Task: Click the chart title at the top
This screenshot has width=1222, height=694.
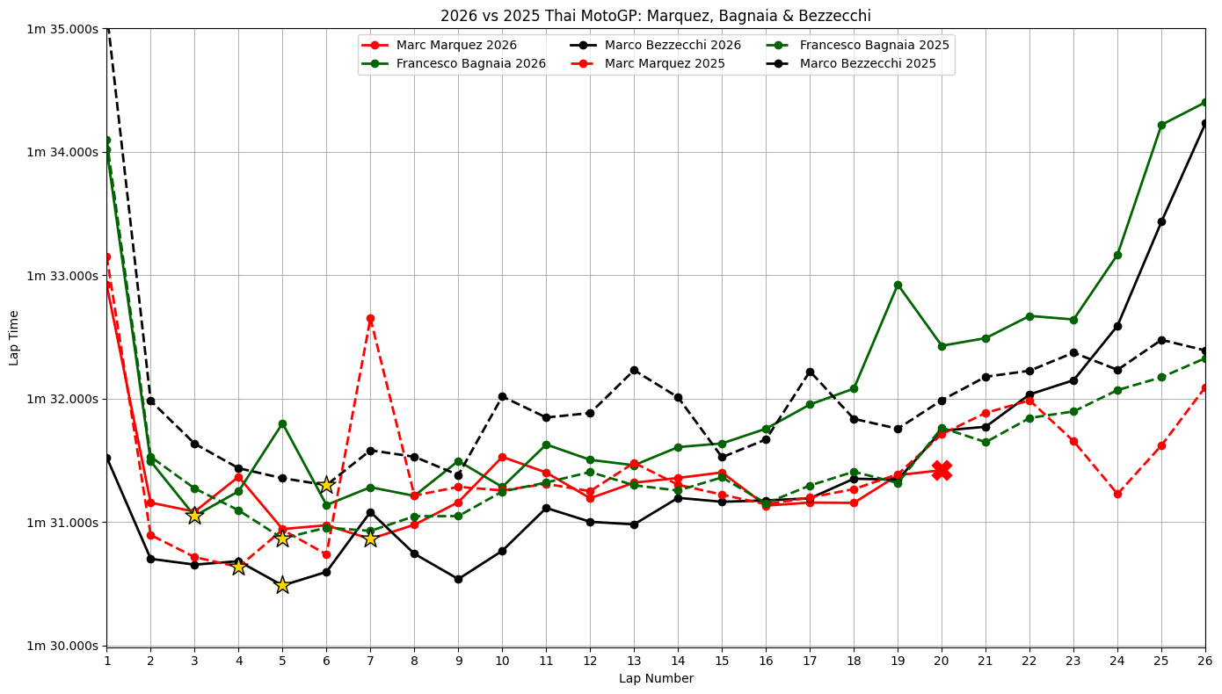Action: click(x=656, y=16)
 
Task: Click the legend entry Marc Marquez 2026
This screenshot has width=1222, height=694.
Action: click(x=456, y=45)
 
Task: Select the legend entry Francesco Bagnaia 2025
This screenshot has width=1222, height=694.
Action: click(x=874, y=45)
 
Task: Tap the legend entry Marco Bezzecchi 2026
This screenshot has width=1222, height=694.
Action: click(x=673, y=45)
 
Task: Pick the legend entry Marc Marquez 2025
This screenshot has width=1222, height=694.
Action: click(x=665, y=63)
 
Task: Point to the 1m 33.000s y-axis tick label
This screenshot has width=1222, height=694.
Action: click(x=62, y=276)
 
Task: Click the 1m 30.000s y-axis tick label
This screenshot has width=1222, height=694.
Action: click(x=62, y=646)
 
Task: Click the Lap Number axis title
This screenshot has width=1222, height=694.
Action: click(x=656, y=678)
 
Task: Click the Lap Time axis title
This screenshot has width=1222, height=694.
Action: click(x=15, y=337)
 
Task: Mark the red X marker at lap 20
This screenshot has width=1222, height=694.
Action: click(x=942, y=470)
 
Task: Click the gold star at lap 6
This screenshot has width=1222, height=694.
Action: click(x=326, y=485)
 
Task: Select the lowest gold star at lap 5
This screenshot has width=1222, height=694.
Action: click(x=282, y=585)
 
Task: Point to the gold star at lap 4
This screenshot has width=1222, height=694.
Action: click(x=238, y=567)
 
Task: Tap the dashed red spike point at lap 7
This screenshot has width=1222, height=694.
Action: click(x=370, y=318)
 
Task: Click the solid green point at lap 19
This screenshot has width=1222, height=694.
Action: click(x=898, y=285)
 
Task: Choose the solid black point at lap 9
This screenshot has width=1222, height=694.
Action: click(x=458, y=579)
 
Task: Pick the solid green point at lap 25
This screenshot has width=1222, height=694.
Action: click(x=1161, y=125)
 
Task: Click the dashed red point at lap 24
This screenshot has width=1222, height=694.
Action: click(x=1117, y=494)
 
